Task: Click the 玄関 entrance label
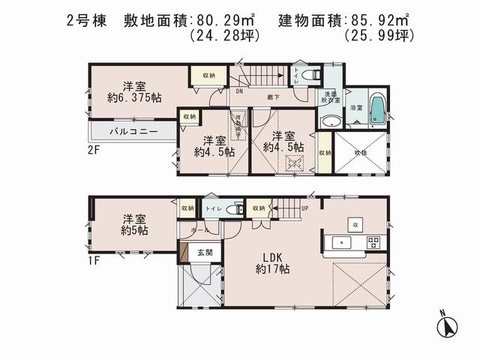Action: coord(205,253)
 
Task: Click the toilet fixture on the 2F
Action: coord(313,75)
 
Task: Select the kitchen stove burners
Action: coord(373,242)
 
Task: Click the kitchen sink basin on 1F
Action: coord(339,242)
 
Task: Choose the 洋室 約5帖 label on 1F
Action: coord(135,224)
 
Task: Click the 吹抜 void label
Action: coord(361,152)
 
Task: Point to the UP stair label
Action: coord(305,208)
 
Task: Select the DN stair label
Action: coord(239,91)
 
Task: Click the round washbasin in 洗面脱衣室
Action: coord(328,123)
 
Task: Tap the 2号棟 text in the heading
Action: coord(85,16)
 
